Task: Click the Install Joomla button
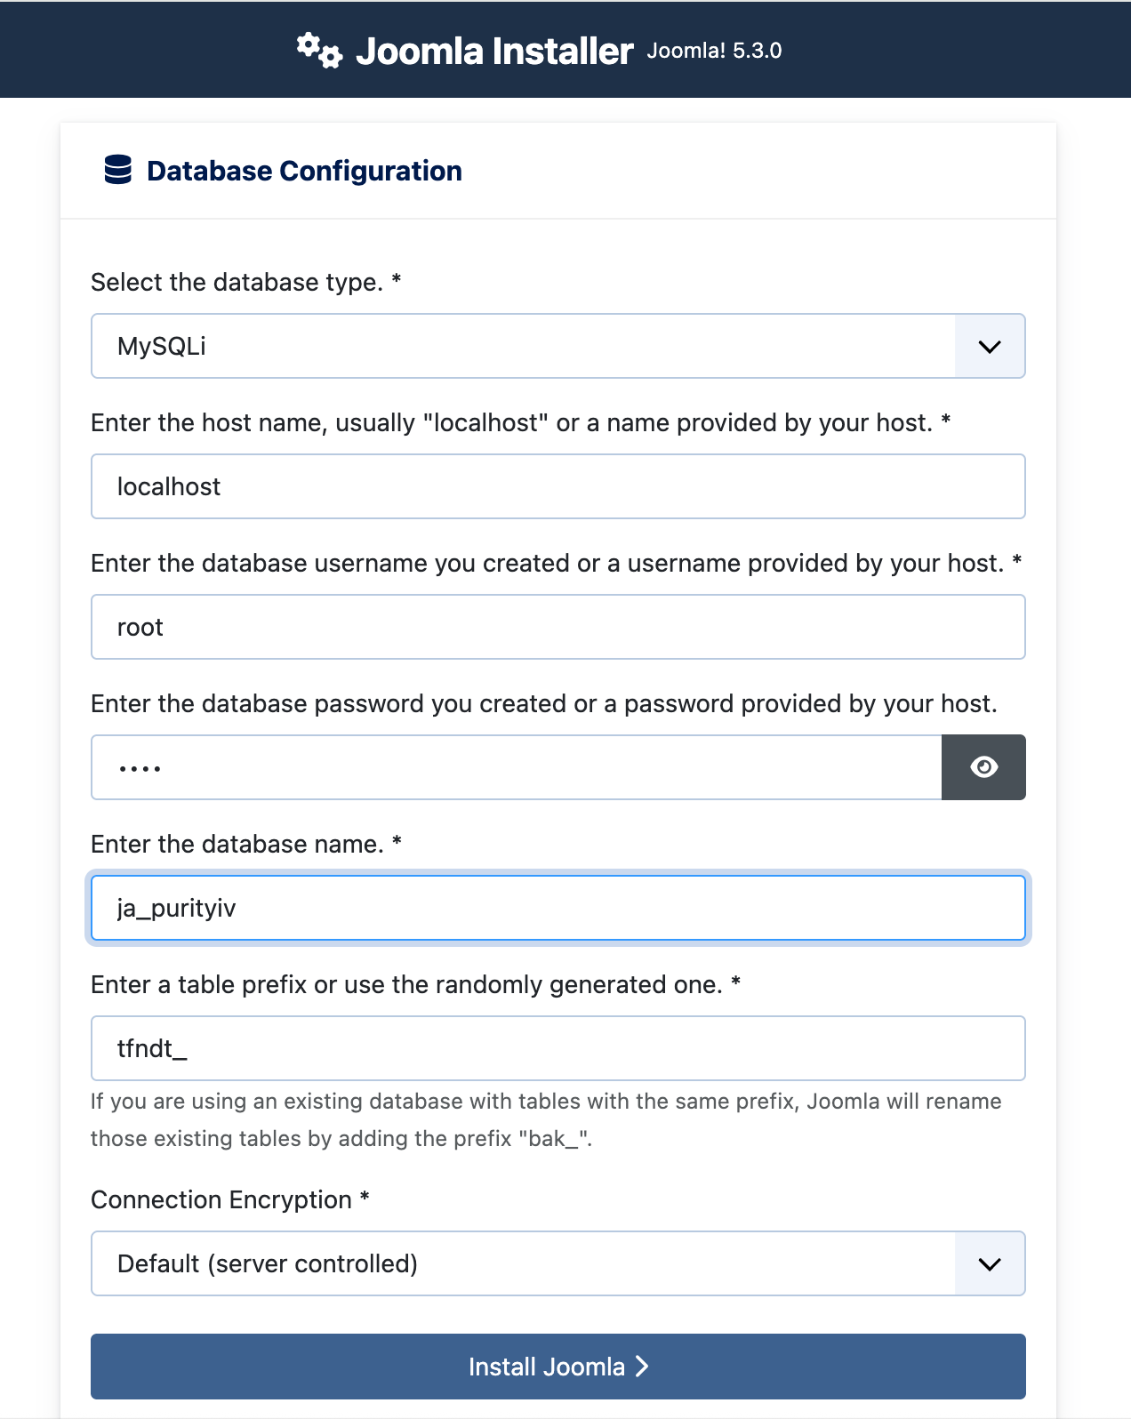[x=557, y=1367]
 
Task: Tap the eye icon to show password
[x=983, y=767]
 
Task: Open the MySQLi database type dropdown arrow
[x=990, y=347]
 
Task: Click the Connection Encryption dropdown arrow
[x=990, y=1264]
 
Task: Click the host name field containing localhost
[x=557, y=486]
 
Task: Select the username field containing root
[x=557, y=627]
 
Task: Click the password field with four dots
[x=516, y=767]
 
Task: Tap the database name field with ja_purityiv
[x=557, y=908]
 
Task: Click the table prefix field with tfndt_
[x=557, y=1048]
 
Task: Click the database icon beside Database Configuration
[x=118, y=170]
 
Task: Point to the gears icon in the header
[x=318, y=50]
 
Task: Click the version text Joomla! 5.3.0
[x=714, y=51]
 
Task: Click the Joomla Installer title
[x=494, y=52]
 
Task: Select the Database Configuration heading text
[x=304, y=171]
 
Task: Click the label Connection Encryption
[x=221, y=1199]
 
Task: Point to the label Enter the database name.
[x=237, y=844]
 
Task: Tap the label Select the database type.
[x=237, y=282]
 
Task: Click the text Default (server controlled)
[x=268, y=1263]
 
